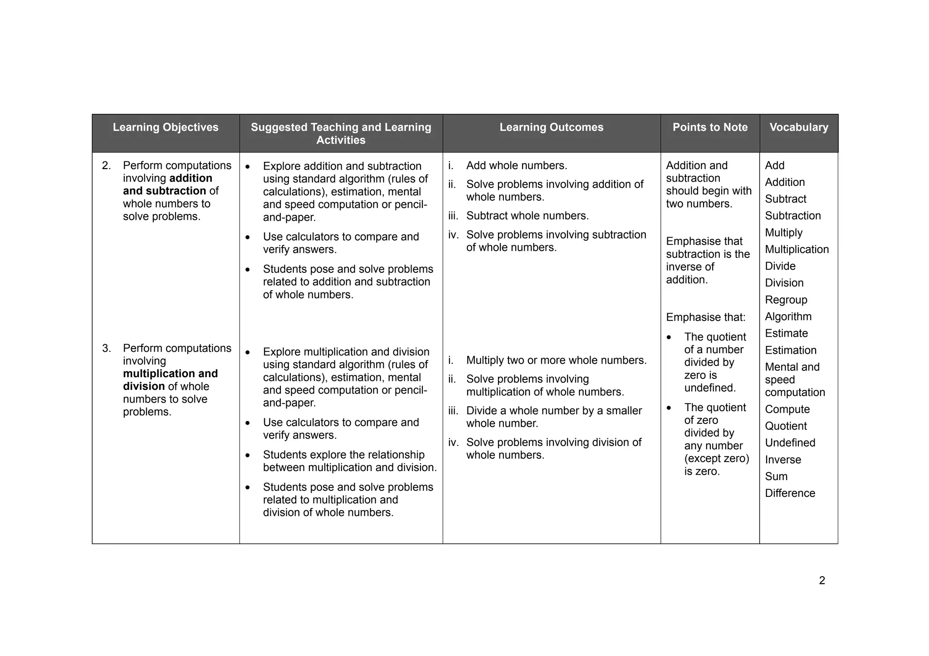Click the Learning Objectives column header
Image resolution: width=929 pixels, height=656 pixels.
coord(165,127)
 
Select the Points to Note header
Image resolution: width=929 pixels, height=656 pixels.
coord(710,127)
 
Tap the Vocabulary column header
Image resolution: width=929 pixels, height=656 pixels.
coord(798,127)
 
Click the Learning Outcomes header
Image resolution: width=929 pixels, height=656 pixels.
coord(551,127)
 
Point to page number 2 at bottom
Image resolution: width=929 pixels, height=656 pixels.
coord(822,581)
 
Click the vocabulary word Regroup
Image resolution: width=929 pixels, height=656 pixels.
coord(786,300)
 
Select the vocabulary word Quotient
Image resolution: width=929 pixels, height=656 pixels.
coord(786,426)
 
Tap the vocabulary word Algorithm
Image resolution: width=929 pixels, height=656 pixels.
coord(788,317)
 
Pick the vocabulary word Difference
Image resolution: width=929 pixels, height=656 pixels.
coord(790,493)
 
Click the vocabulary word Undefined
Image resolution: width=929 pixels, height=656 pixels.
coord(790,443)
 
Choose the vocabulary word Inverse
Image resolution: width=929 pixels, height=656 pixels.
coord(783,460)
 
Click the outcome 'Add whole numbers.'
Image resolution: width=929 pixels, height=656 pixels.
coord(516,166)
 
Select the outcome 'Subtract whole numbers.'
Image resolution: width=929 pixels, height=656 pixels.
coord(527,216)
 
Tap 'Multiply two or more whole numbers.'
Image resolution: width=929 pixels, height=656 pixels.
coord(556,360)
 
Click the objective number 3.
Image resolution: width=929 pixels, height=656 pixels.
coord(107,349)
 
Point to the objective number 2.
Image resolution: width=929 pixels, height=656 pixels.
coord(107,166)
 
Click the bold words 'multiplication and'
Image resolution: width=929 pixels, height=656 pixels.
coord(170,374)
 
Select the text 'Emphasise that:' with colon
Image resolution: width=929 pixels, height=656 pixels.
coord(705,317)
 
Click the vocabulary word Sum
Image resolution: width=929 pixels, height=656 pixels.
coord(776,476)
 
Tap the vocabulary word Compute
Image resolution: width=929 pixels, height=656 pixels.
coord(787,409)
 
